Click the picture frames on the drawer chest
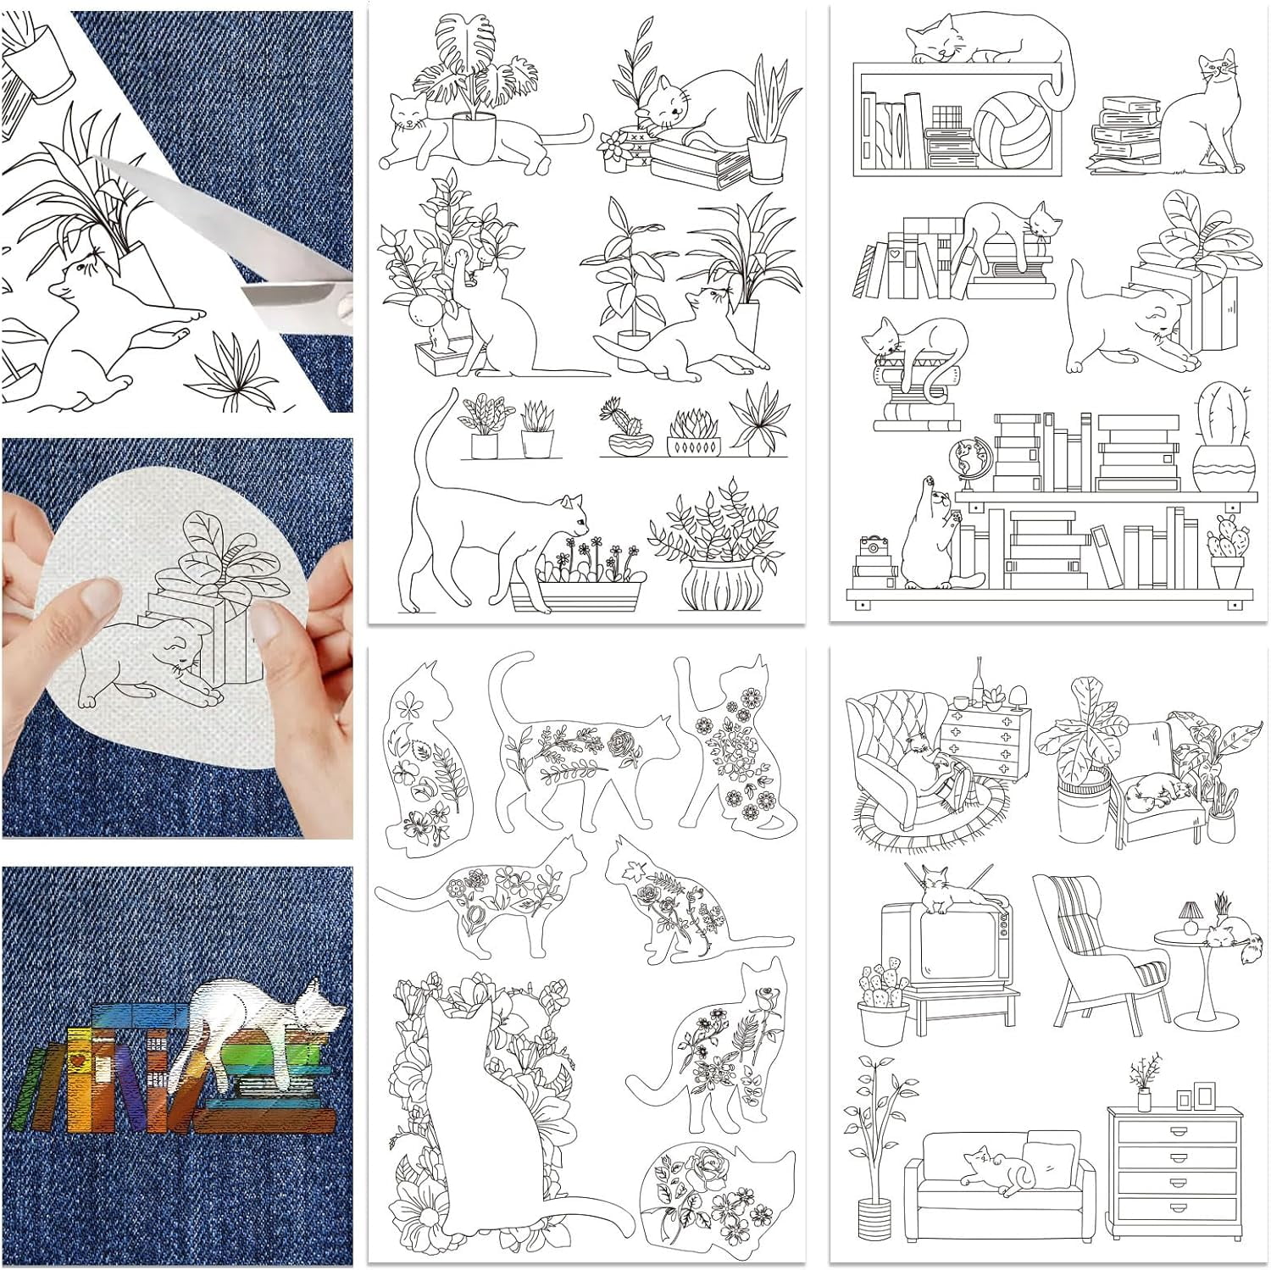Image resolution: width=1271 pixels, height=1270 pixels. pos(1196,1095)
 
